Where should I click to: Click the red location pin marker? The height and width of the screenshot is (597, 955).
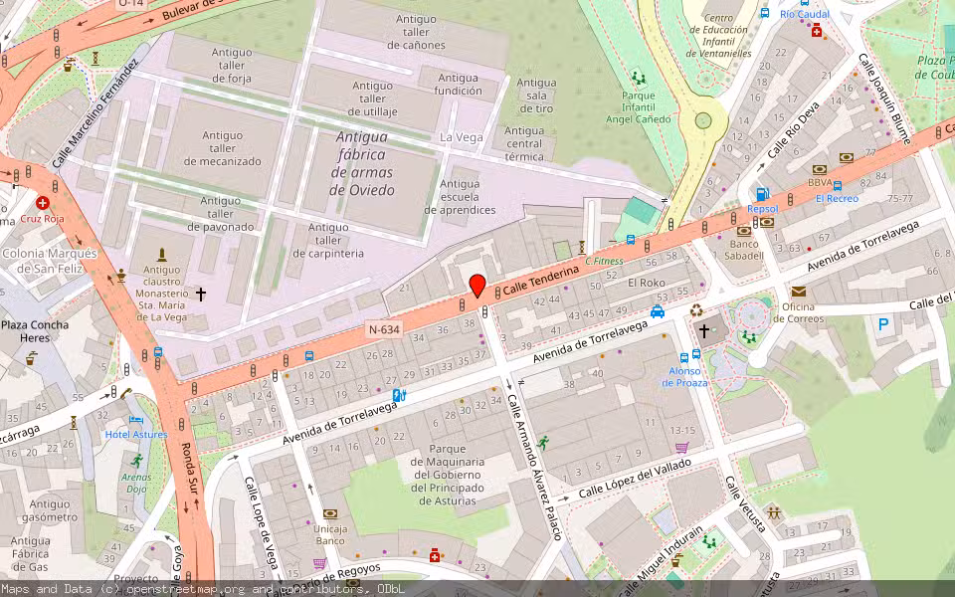pyautogui.click(x=477, y=285)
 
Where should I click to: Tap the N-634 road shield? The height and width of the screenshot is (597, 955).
pyautogui.click(x=385, y=329)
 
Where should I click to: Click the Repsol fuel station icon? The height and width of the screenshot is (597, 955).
pyautogui.click(x=762, y=195)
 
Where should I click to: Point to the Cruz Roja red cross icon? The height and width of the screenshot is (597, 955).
pyautogui.click(x=43, y=202)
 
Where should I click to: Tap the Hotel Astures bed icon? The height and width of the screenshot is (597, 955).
pyautogui.click(x=136, y=420)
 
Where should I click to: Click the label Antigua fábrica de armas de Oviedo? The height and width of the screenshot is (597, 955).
pyautogui.click(x=362, y=163)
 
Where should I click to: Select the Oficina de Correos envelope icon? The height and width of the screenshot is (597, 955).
pyautogui.click(x=799, y=291)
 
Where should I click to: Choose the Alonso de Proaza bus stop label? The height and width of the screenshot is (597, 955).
pyautogui.click(x=684, y=377)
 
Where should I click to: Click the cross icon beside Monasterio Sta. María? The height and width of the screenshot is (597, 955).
pyautogui.click(x=201, y=295)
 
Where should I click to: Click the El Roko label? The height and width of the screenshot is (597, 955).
pyautogui.click(x=646, y=283)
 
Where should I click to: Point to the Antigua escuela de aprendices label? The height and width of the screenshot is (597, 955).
pyautogui.click(x=460, y=197)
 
